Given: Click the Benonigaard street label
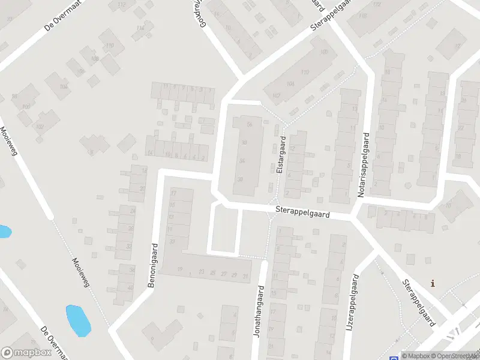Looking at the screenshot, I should coord(153,265).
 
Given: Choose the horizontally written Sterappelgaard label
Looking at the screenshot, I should coord(303,212).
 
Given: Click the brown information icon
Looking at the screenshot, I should coord(433,283).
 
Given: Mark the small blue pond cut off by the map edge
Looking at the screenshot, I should coord(4,231).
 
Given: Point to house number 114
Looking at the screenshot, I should coord(140,28).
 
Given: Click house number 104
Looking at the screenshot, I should coord(63,86).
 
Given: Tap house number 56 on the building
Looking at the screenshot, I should coord(249,124).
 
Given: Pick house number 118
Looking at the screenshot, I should coord(363,16).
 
